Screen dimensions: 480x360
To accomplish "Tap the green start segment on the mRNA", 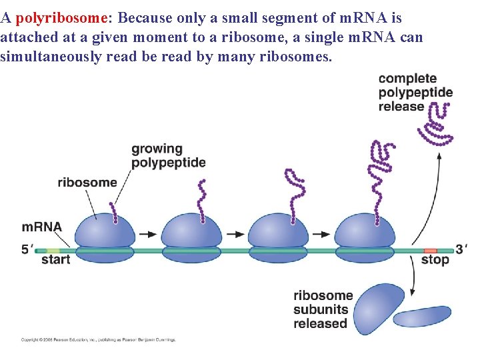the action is point(53,251).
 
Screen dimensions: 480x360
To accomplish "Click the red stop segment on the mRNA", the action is point(430,251).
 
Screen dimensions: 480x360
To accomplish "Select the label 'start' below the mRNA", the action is point(55,260).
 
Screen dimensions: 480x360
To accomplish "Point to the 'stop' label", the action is point(435,260).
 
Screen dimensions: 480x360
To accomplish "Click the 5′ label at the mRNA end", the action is point(27,249).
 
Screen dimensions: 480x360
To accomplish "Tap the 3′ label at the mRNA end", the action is point(461,249).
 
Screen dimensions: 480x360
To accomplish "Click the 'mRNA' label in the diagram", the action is point(41,227).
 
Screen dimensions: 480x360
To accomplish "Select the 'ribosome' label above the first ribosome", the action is point(87,182).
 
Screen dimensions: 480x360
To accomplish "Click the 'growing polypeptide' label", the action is point(168,155).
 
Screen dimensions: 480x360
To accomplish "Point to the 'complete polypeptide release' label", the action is point(415,93).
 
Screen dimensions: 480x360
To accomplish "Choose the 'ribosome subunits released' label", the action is point(323,309).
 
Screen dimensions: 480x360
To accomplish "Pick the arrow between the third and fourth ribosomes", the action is point(321,235).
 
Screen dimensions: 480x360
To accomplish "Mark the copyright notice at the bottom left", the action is point(98,339).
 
